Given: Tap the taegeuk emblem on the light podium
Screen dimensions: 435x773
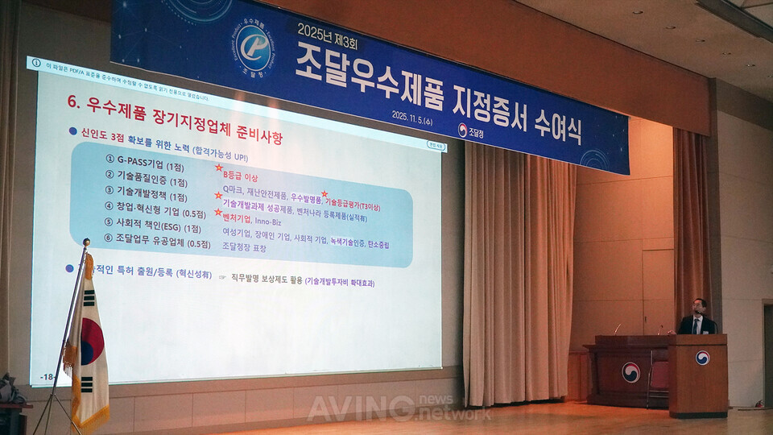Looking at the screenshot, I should coord(702,357).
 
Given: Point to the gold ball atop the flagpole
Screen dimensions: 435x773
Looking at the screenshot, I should coord(86,242).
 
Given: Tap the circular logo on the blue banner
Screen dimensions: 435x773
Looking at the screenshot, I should coord(254,45).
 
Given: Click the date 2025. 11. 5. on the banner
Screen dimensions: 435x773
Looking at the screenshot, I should coord(423,115).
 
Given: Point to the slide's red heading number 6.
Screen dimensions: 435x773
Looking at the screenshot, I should coord(72,104).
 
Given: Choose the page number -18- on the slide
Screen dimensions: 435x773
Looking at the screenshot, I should coord(48,377).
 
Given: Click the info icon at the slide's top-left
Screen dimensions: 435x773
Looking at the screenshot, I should coord(36,62).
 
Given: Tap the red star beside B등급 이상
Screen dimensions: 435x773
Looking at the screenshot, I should coord(218,170).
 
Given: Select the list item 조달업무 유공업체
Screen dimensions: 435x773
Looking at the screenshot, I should coord(157,243).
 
